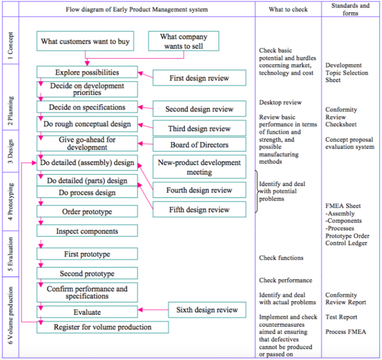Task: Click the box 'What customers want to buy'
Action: (x=85, y=41)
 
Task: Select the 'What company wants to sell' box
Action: (x=184, y=41)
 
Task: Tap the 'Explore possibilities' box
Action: (x=87, y=73)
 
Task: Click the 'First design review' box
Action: (x=199, y=78)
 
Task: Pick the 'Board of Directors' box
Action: (x=199, y=145)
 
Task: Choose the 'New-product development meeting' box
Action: (x=199, y=168)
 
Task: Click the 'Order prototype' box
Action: (x=87, y=212)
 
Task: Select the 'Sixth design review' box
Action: (x=207, y=310)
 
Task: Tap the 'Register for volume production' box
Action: (x=103, y=327)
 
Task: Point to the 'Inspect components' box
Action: (x=87, y=231)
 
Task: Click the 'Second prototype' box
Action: (x=87, y=273)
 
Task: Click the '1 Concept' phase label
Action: (x=10, y=46)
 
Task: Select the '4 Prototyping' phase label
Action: (x=10, y=202)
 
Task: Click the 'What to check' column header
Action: (x=288, y=9)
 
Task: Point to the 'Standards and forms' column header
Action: (x=351, y=9)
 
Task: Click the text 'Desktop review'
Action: (x=280, y=102)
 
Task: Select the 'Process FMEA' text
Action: (x=346, y=332)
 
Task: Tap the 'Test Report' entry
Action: (x=341, y=317)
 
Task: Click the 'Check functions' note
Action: (x=281, y=258)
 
